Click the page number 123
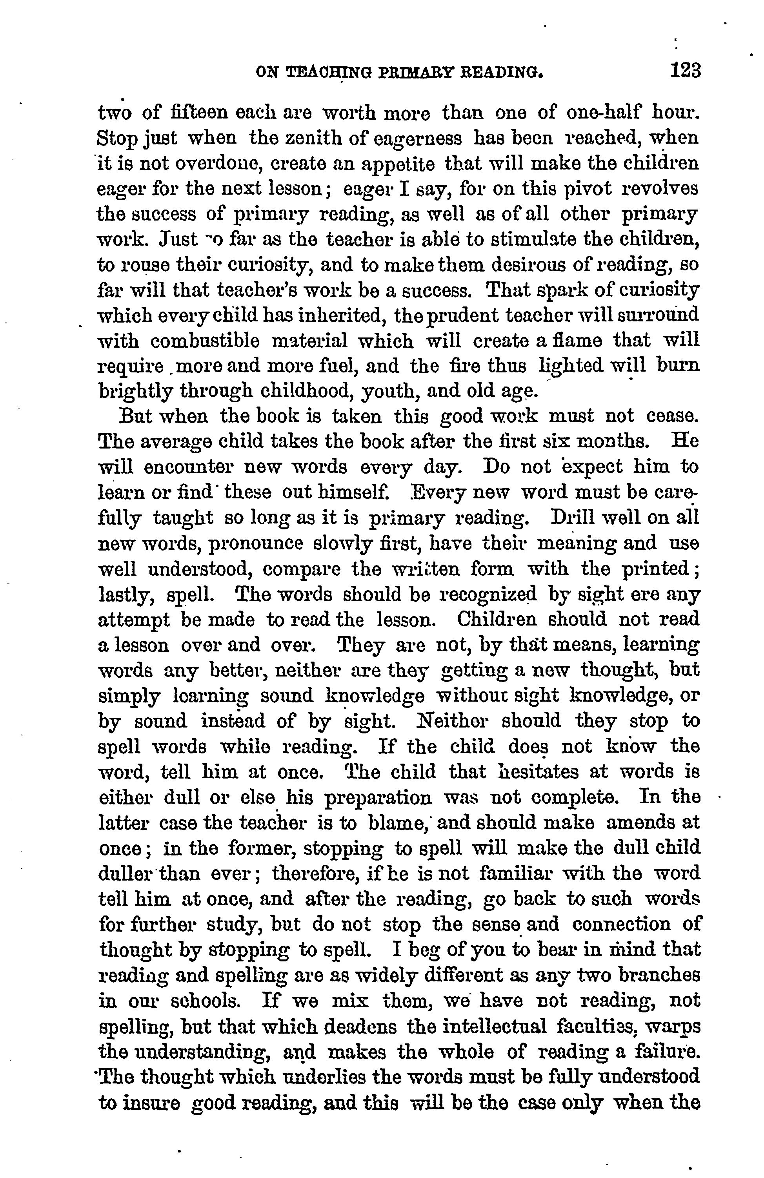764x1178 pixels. coord(686,70)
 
